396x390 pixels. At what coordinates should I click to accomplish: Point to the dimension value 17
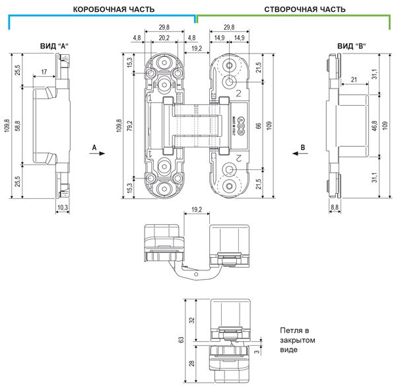point(43,71)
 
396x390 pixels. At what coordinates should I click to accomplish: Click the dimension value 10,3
point(63,208)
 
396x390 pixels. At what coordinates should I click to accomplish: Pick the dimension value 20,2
point(164,38)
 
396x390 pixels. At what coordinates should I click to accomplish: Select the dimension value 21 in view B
point(354,80)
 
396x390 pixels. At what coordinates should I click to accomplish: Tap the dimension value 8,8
point(335,208)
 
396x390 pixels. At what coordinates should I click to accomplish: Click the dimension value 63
point(180,340)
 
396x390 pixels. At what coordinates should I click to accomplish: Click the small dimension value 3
point(257,352)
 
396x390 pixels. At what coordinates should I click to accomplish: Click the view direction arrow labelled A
point(97,151)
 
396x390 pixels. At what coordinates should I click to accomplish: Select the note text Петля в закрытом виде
point(294,340)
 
